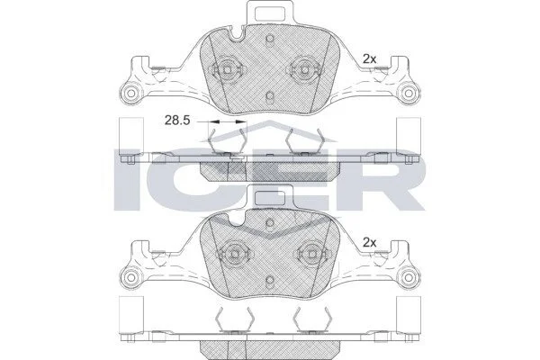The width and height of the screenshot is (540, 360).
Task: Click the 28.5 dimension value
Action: (x=177, y=121)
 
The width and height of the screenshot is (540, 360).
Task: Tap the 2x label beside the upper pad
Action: (x=370, y=59)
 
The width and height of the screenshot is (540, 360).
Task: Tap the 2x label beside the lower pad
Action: (x=370, y=243)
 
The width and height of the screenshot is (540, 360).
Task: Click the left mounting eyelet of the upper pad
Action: (x=130, y=93)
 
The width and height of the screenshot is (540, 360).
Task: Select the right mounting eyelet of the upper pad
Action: (x=409, y=93)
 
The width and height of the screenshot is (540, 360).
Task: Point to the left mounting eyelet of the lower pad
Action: (x=130, y=276)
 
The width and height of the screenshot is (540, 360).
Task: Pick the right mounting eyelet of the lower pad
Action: (x=409, y=276)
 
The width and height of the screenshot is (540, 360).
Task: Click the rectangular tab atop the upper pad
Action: (x=270, y=13)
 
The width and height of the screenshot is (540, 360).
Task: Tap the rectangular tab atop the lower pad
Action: (x=270, y=197)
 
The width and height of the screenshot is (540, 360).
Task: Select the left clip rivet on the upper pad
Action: (x=228, y=69)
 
